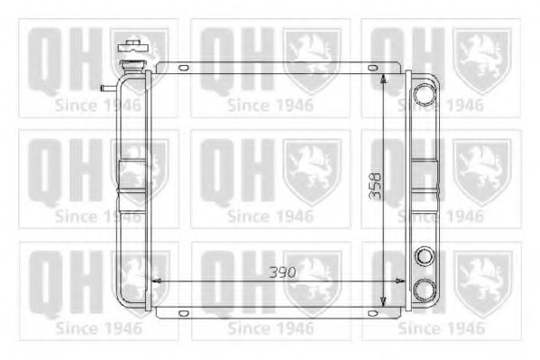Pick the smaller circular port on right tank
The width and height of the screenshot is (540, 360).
coord(422,257)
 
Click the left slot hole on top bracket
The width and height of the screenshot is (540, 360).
coord(184,67)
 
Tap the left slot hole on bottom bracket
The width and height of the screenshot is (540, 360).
coord(184,313)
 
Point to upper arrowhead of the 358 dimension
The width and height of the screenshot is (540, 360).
coord(385,79)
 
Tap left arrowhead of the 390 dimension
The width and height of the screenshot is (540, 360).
coord(155,282)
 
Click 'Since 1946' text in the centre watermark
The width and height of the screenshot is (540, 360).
coord(270,217)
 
